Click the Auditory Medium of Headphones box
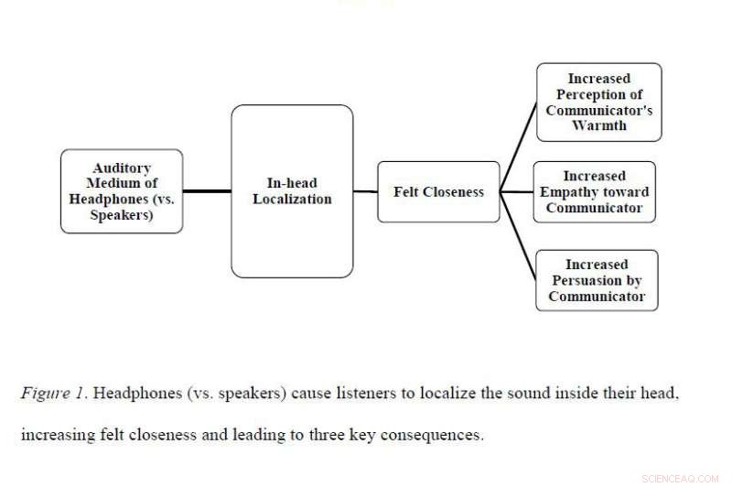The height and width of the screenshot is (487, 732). [x=121, y=191]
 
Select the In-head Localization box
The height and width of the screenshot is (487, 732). [x=292, y=191]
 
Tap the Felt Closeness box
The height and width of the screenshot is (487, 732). [x=438, y=192]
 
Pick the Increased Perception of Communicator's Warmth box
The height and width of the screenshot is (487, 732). [x=598, y=102]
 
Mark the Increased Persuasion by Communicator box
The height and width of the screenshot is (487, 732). [x=597, y=280]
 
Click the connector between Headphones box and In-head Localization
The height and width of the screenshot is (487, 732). [x=207, y=191]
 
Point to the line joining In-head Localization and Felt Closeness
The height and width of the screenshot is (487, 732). [x=365, y=192]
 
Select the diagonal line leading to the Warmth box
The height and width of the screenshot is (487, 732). [x=518, y=146]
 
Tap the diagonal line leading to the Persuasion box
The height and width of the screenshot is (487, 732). [x=518, y=236]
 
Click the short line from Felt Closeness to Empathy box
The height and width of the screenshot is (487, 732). [x=517, y=192]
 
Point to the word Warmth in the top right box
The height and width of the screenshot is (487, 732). [x=598, y=125]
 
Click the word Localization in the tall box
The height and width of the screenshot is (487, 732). [x=292, y=199]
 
